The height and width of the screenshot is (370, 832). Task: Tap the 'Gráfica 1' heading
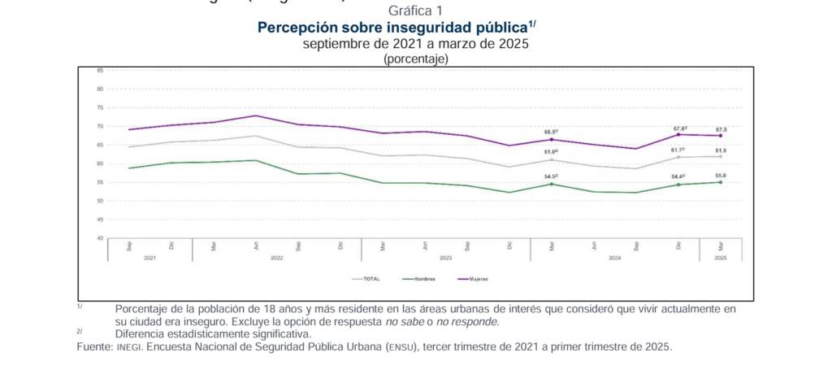[415, 11]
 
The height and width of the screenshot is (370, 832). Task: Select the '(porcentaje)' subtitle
[415, 59]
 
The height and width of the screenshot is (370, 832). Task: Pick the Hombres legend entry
[418, 278]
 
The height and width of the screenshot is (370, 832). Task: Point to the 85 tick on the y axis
[99, 70]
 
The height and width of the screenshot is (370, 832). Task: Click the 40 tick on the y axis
[99, 237]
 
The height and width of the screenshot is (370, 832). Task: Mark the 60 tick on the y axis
[99, 163]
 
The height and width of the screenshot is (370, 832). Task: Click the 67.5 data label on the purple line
[721, 129]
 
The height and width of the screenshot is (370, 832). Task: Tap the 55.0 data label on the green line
[721, 175]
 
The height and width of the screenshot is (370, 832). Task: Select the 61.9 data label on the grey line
[721, 150]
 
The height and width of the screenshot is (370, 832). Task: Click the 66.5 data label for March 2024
[551, 132]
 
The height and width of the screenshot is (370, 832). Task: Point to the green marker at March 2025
[721, 182]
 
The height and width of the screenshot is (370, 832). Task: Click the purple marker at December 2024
[678, 134]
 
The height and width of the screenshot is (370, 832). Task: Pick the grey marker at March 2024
[552, 159]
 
